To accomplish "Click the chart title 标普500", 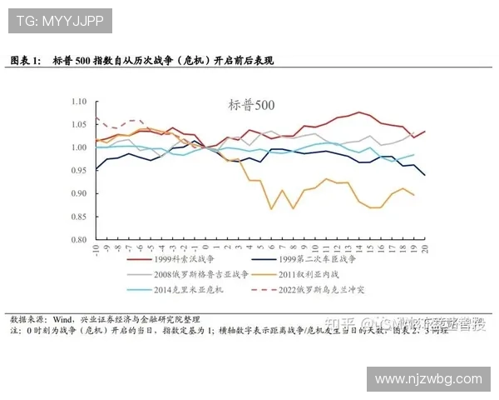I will (x=250, y=105).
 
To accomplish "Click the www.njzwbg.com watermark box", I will (x=429, y=379).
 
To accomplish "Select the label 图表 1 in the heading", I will (x=24, y=62).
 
